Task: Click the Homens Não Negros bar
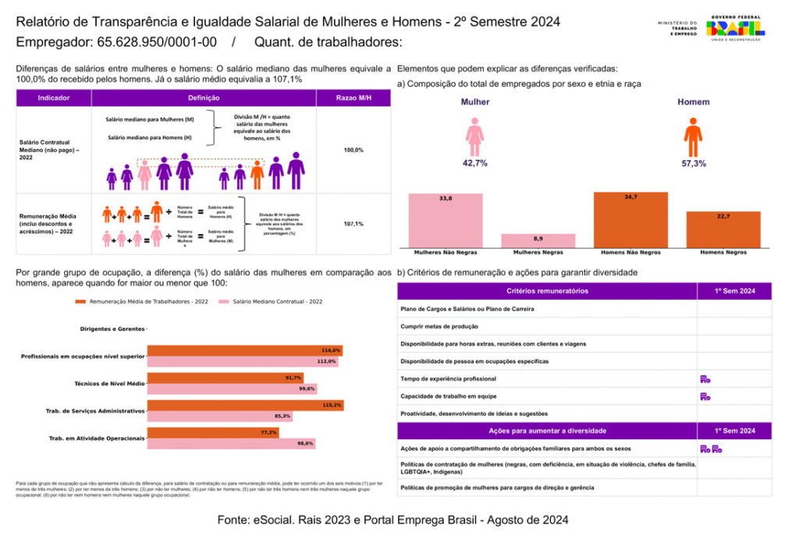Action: point(630,219)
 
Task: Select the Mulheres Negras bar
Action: point(538,239)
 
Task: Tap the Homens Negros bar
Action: point(723,229)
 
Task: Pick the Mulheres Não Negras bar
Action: point(446,220)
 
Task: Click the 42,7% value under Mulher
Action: point(474,163)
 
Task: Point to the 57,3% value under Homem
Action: point(693,163)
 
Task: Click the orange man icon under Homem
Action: point(693,137)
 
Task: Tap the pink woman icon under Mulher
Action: point(474,137)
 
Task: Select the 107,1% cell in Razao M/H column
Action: point(353,223)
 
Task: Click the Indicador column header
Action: point(54,98)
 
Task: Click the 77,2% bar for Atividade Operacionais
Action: point(213,432)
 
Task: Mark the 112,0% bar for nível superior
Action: point(243,362)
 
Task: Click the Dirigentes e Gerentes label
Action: point(112,329)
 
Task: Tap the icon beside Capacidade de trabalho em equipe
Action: point(705,396)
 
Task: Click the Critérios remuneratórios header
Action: point(547,291)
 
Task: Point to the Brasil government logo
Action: point(735,29)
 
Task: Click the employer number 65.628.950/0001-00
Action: point(157,41)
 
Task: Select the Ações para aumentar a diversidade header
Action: point(547,431)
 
